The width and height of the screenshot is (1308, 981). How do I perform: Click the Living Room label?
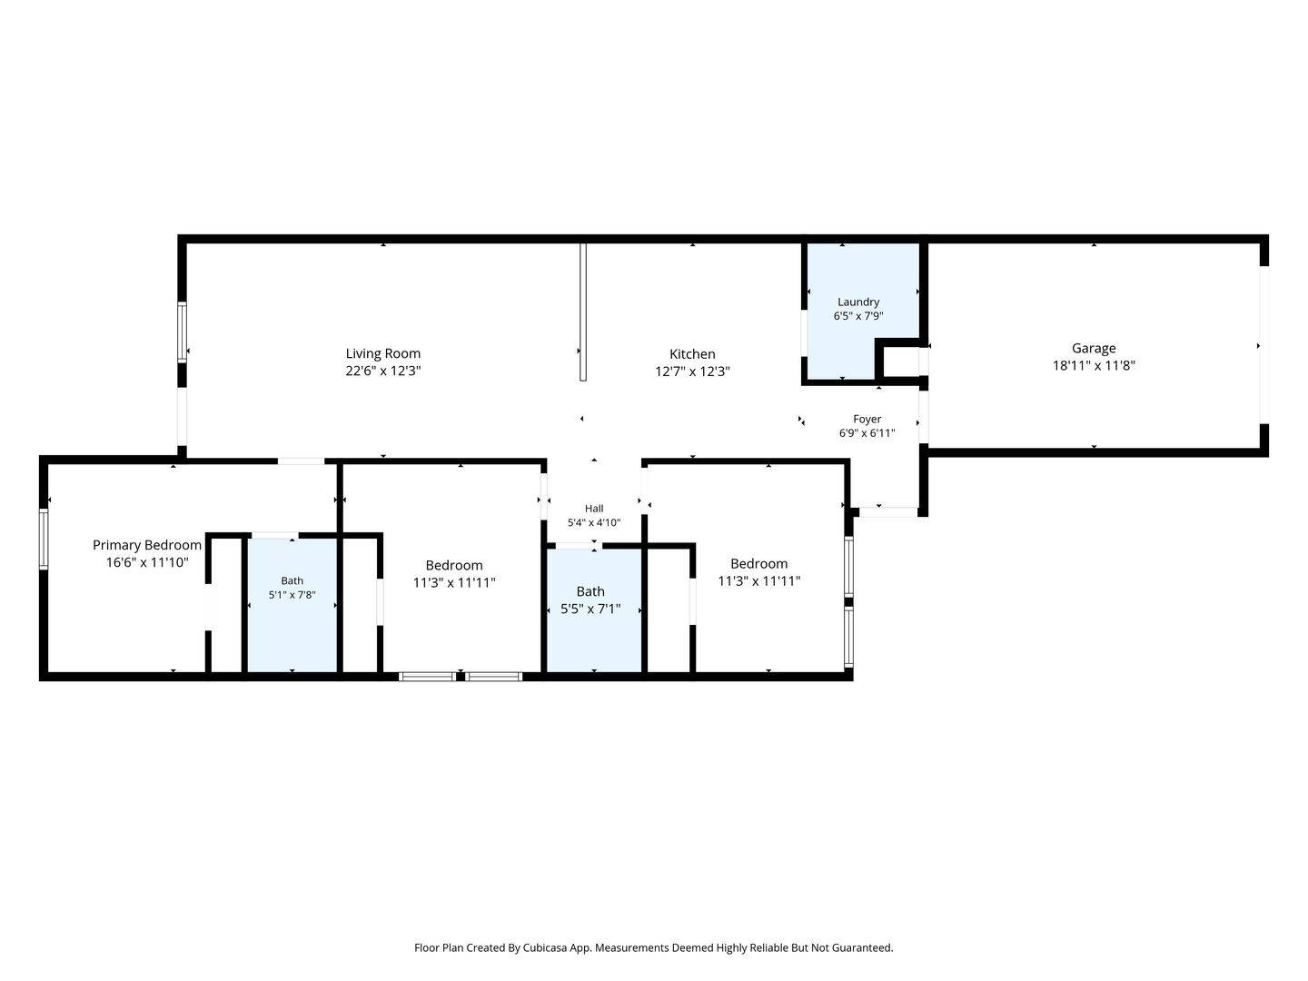pos(382,353)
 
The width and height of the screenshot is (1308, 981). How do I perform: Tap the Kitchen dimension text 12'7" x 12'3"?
pos(692,372)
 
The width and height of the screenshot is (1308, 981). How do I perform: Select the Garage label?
pos(1094,348)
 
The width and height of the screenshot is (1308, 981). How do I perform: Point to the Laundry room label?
pos(857,302)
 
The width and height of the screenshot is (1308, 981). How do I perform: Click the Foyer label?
pos(867,419)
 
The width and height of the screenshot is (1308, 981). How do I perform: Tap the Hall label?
pos(593,508)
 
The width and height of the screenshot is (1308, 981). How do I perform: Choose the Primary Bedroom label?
pos(146,544)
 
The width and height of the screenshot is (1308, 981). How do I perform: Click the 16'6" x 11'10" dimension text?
pos(146,561)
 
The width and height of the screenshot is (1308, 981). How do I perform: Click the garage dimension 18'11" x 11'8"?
pos(1094,365)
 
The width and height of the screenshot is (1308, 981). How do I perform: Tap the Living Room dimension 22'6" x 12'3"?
pos(382,371)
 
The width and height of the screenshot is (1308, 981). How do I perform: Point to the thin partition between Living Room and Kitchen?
pos(583,312)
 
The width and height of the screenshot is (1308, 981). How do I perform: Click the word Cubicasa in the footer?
pos(545,947)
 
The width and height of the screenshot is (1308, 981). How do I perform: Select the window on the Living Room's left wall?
pos(183,332)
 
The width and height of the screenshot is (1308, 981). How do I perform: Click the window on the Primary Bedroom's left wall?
pos(44,539)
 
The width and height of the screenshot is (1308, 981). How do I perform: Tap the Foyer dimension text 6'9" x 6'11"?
pos(867,433)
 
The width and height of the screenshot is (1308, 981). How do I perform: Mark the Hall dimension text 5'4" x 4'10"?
pos(593,522)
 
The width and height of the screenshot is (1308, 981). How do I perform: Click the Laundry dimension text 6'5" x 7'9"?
pos(857,316)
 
